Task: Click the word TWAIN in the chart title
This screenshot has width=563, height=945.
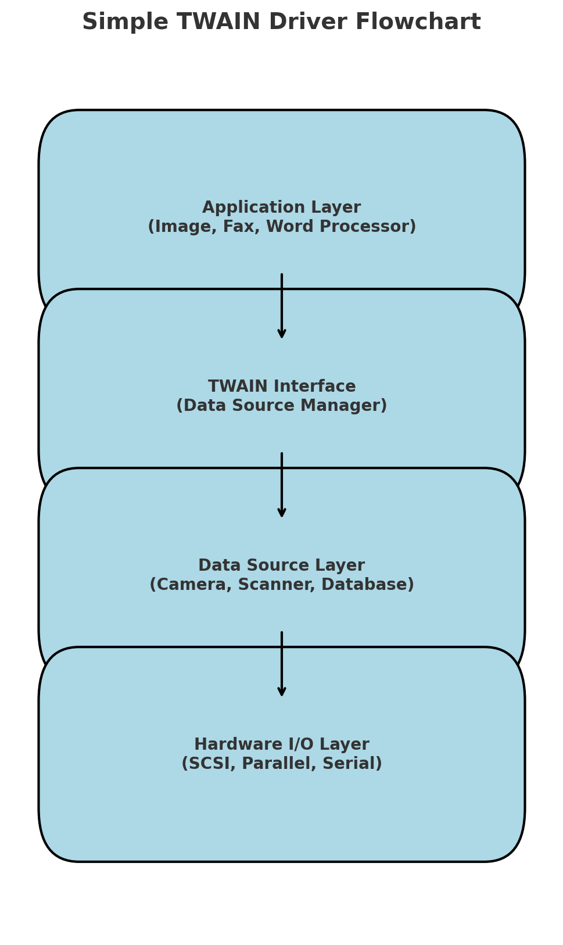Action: (x=218, y=23)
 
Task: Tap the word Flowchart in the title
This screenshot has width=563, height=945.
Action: (x=418, y=23)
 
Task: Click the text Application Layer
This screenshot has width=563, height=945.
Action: (x=282, y=207)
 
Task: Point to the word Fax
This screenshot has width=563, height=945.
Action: (x=237, y=227)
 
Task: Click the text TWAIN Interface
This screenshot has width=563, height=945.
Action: (x=282, y=386)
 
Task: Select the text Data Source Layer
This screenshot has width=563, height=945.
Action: (x=282, y=565)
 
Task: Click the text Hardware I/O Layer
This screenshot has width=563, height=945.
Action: (x=282, y=744)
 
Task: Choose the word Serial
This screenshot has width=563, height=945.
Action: (x=353, y=764)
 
